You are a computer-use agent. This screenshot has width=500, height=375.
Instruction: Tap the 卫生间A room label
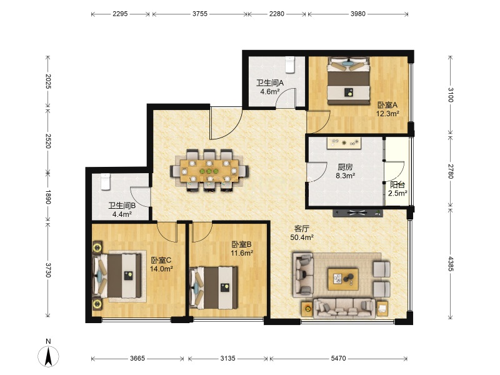point(270,83)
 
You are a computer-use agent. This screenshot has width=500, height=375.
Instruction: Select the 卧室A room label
point(387,105)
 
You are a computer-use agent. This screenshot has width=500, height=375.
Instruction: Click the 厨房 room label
point(345,167)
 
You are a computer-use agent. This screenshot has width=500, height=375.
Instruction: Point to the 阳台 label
point(397,184)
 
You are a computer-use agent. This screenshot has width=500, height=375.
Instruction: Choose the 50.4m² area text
point(302,237)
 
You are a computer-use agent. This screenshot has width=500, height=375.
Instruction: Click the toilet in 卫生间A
point(289,65)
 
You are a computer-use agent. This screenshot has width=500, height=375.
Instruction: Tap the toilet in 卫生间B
point(106,182)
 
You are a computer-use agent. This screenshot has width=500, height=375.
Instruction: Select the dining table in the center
point(209,171)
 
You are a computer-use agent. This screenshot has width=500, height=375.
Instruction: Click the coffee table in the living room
point(343,279)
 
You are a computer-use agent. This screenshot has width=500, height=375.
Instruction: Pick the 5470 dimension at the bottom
point(338,358)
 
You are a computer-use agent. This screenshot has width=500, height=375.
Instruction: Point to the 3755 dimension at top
point(200,14)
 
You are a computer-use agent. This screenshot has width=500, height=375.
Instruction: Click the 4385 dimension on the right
point(450,264)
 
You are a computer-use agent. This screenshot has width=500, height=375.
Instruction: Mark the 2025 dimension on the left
point(48,81)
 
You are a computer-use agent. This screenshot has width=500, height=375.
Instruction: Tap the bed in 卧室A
point(349,81)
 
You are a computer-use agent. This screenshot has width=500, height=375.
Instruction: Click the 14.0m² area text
point(161,269)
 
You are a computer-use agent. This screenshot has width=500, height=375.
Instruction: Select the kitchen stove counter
point(344,143)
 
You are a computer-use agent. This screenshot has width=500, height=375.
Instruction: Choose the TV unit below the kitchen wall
point(357,213)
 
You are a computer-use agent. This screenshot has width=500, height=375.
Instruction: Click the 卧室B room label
point(241,244)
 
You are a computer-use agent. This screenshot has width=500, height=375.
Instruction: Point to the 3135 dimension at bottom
point(227,358)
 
